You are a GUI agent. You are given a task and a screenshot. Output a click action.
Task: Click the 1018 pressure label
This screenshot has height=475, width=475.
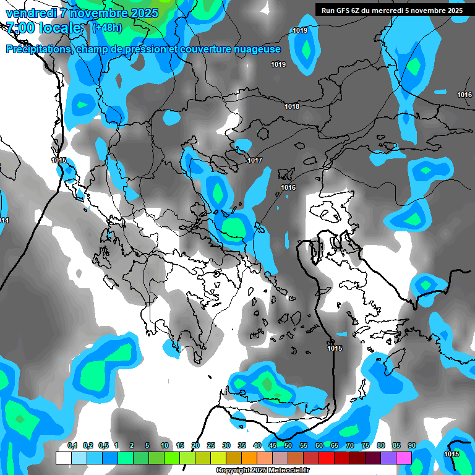292,107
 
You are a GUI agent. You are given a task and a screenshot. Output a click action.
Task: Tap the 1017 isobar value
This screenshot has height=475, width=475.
255,161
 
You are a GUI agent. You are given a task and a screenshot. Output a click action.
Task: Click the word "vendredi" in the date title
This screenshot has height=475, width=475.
31,13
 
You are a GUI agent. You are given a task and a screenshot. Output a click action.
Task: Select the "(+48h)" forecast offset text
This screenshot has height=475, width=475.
107,28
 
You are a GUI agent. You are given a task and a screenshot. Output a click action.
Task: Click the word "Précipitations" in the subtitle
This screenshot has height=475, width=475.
38,49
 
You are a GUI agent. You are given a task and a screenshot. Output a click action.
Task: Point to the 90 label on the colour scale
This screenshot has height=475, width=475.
411,446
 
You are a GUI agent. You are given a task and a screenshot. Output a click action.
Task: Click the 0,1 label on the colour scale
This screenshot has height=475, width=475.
72,446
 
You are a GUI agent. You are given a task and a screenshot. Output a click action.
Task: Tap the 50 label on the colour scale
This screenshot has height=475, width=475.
288,446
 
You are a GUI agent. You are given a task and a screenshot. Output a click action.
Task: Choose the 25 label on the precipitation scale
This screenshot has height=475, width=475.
211,446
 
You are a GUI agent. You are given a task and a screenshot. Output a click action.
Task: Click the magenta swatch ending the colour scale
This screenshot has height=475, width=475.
404,458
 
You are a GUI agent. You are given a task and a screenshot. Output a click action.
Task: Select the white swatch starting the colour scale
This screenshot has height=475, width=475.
63,458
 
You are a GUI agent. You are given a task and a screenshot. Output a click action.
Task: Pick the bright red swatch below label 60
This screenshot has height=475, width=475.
327,458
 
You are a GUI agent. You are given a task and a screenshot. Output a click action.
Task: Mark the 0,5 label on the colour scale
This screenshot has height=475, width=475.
103,446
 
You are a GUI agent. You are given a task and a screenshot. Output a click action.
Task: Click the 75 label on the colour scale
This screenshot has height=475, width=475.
366,446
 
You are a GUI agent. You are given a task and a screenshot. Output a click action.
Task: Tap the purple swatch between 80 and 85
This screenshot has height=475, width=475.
388,458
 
